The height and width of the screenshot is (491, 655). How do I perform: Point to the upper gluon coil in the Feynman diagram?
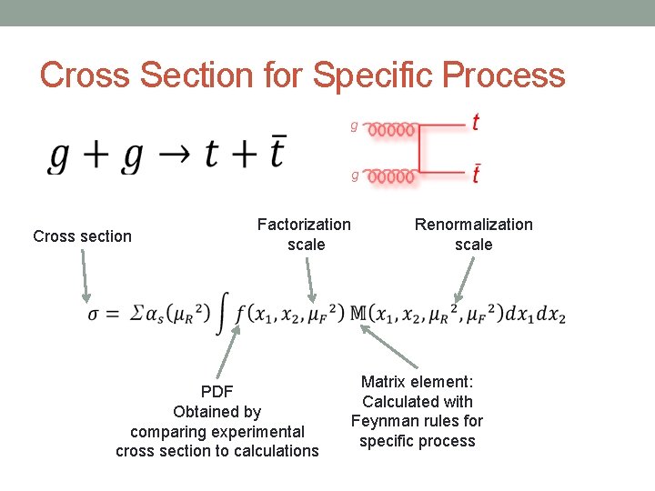tap(391, 129)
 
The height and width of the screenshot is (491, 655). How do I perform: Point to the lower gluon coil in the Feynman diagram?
tap(391, 175)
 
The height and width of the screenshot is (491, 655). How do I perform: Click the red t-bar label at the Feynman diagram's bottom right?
tap(476, 173)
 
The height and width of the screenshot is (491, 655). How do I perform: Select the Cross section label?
tap(82, 236)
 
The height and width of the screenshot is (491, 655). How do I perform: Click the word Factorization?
tap(304, 224)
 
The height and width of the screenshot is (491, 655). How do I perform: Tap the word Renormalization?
tap(474, 224)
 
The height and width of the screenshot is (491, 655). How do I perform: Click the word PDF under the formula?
tap(217, 392)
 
